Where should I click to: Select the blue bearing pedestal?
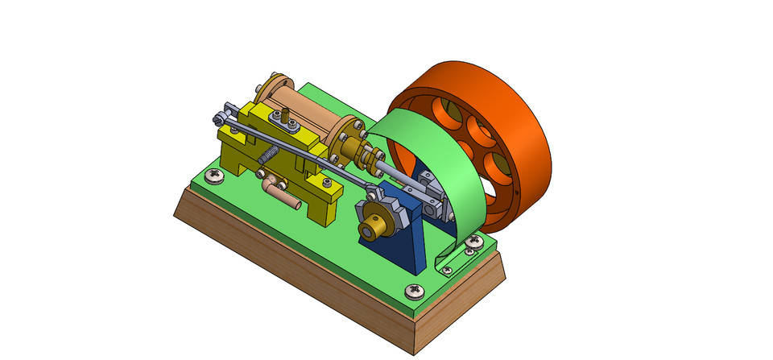tap(411, 242)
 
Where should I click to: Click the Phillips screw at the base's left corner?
tap(213, 174)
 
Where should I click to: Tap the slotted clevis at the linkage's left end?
tap(227, 112)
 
